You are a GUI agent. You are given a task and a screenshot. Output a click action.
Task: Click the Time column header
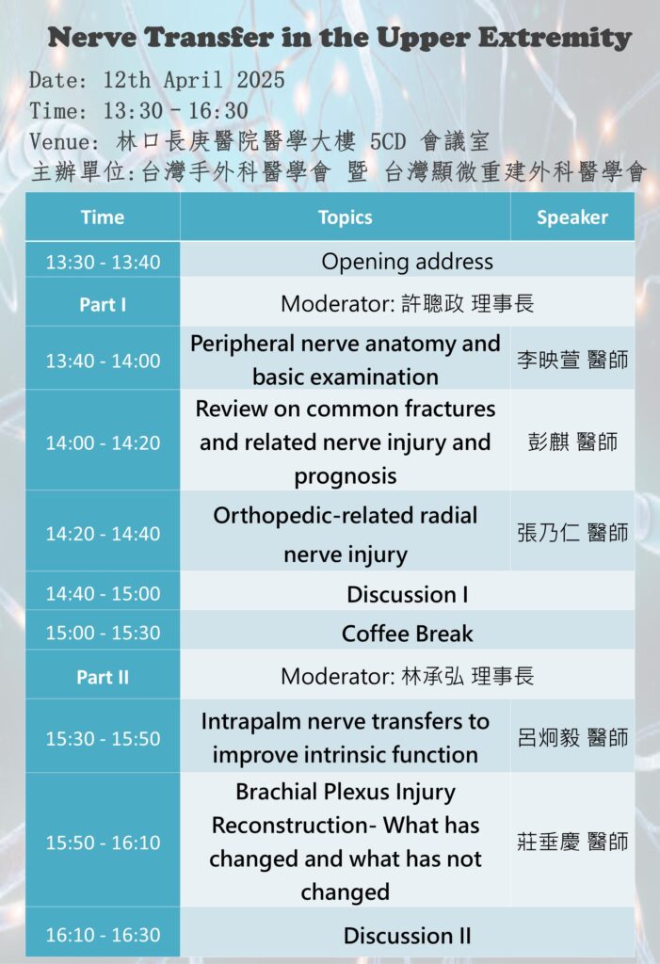coord(103,217)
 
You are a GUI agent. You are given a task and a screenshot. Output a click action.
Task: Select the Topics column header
coord(346,217)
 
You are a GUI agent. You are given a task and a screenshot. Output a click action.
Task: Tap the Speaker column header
coord(572,217)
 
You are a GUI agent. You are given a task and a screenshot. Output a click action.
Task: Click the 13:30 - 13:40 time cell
coord(103,262)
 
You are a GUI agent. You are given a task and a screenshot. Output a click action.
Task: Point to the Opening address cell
coord(407,262)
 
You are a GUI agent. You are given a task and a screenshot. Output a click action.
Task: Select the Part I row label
coord(103,304)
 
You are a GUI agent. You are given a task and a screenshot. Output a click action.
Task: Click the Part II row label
coord(103,677)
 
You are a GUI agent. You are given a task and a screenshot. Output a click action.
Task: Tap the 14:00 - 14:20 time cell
coord(103,442)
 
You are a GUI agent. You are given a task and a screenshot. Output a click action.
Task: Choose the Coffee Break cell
coord(407,634)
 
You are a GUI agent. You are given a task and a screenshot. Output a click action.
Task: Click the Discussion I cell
coord(407,595)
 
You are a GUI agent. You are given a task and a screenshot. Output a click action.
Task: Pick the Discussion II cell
coord(407,936)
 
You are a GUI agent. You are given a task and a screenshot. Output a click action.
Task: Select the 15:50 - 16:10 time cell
coord(103,843)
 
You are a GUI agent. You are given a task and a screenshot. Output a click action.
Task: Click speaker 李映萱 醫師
coord(572,360)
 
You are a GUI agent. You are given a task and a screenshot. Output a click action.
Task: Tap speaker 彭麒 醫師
coord(572,442)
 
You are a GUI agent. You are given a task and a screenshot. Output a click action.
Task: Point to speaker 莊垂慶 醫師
coord(572,841)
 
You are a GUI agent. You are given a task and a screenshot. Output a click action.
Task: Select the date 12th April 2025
coord(194,80)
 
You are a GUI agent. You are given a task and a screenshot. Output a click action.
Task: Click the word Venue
coord(64,142)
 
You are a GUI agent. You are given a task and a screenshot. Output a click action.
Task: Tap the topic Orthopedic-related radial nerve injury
coord(346,534)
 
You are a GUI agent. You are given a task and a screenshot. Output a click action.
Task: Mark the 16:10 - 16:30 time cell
coord(103,935)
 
